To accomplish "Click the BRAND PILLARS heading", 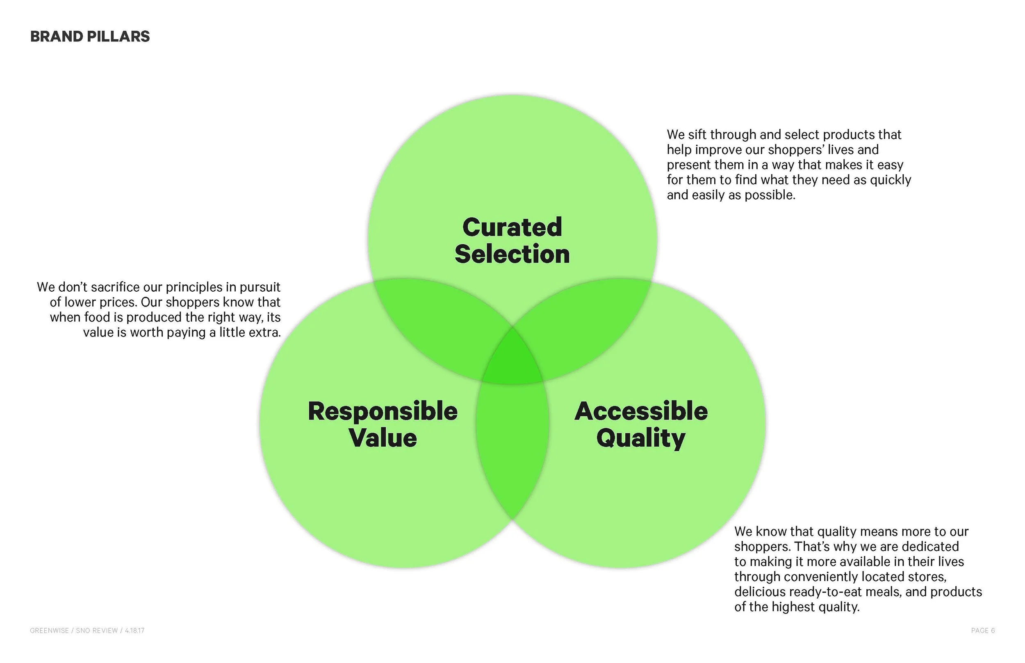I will pyautogui.click(x=89, y=36).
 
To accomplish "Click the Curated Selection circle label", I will pyautogui.click(x=512, y=240).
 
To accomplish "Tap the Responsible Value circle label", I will pyautogui.click(x=383, y=425).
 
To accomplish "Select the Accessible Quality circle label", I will pyautogui.click(x=641, y=425).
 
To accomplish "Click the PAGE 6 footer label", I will pyautogui.click(x=983, y=630).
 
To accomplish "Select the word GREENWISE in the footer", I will pyautogui.click(x=49, y=630).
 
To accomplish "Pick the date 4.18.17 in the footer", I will pyautogui.click(x=135, y=630).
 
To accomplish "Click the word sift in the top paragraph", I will pyautogui.click(x=697, y=135).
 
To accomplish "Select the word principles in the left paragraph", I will pyautogui.click(x=194, y=287).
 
